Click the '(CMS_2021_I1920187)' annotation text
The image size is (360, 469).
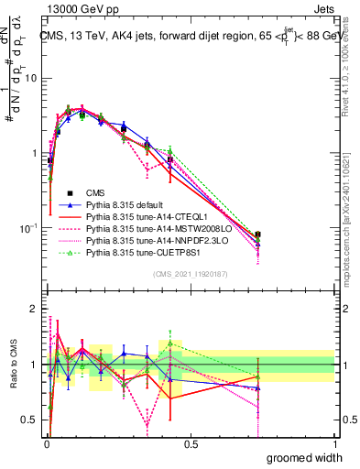click(191, 273)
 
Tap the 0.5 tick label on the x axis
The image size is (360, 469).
click(191, 444)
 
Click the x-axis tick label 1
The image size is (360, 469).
click(334, 444)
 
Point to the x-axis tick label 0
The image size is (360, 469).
click(47, 444)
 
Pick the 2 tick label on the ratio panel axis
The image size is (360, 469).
click(34, 309)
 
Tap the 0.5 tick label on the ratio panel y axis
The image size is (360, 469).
click(30, 420)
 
